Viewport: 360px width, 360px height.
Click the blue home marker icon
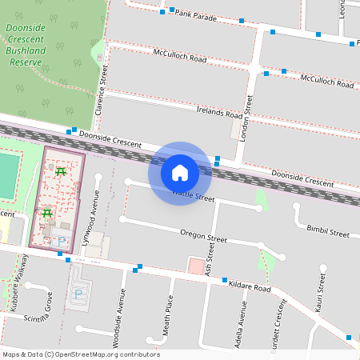[180, 173]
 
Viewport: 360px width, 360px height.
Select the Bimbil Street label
[328, 232]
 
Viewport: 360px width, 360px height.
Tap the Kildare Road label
[249, 286]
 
